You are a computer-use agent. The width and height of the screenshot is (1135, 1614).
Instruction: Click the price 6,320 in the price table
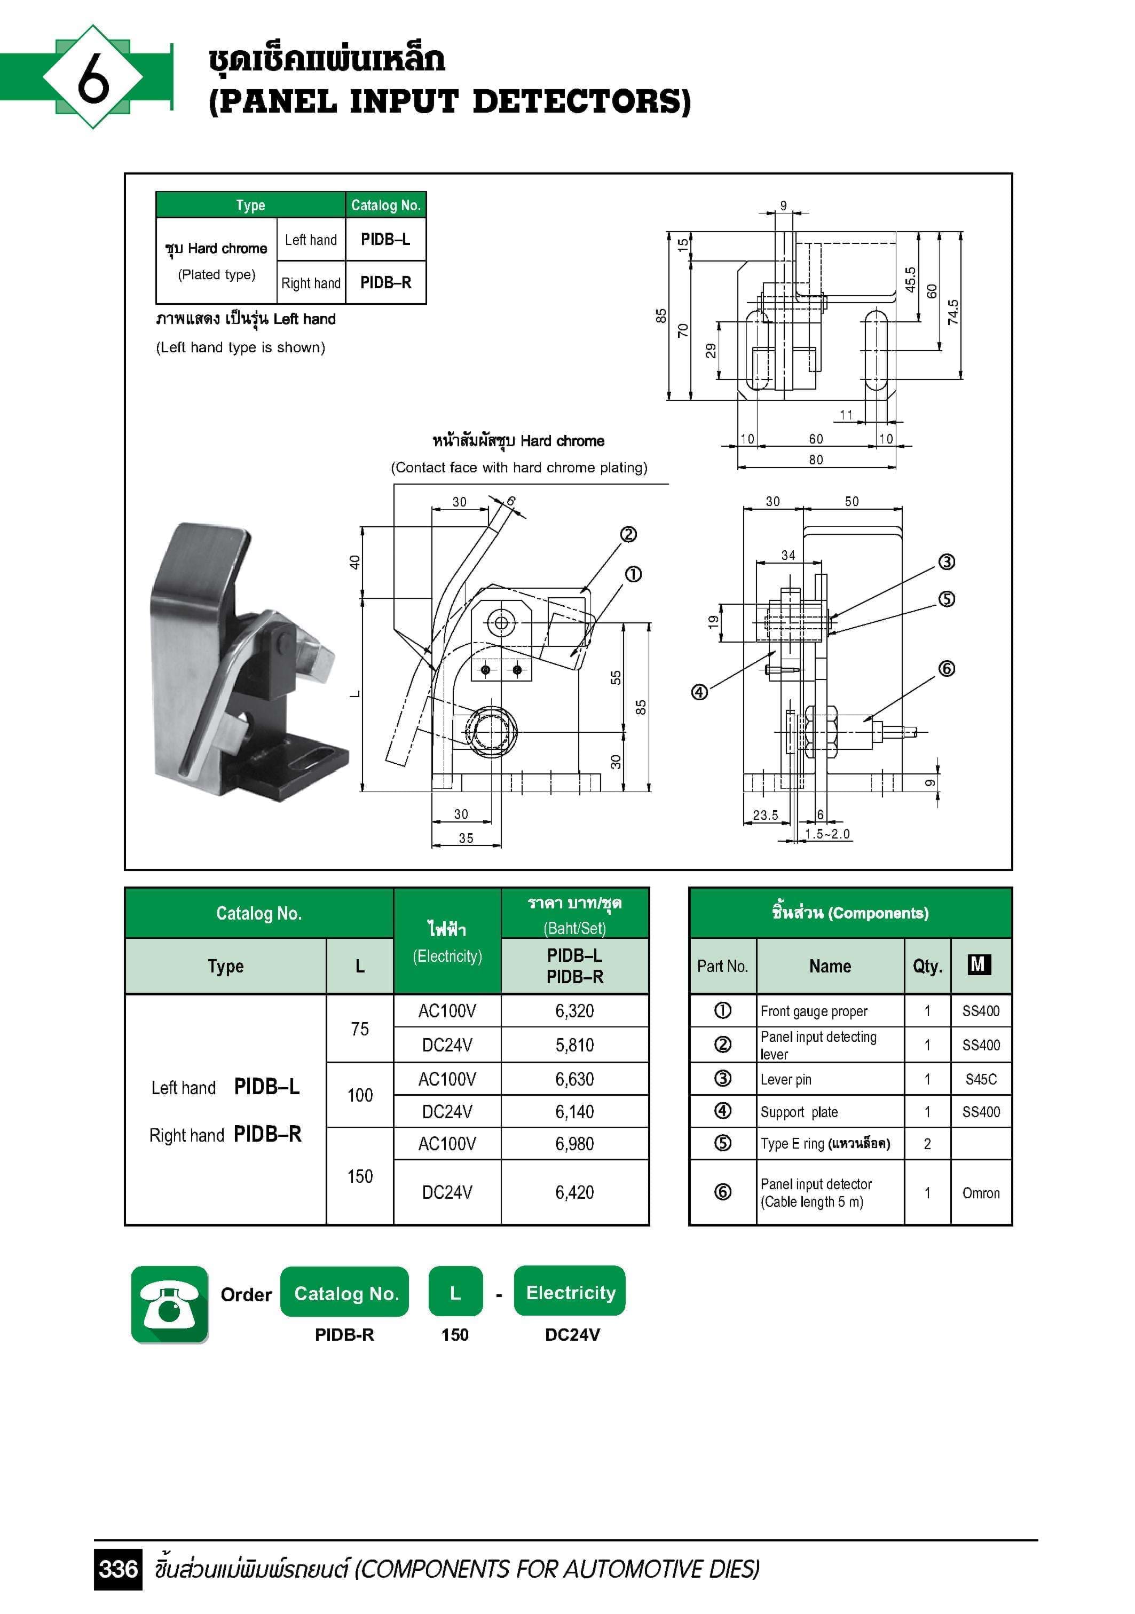point(574,1011)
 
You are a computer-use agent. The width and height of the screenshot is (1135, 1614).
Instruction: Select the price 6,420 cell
point(574,1192)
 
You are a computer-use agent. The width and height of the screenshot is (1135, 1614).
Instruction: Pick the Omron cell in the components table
point(980,1193)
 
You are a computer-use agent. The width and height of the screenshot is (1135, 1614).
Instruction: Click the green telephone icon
point(169,1304)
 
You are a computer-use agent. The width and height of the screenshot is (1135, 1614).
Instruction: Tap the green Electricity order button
point(570,1293)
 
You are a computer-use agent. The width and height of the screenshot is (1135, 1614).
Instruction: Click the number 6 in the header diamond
point(93,78)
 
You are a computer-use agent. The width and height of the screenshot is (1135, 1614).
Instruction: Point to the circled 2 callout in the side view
point(628,535)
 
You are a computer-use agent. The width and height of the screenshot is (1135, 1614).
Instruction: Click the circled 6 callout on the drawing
point(947,669)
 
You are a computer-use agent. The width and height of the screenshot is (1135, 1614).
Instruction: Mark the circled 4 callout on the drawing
point(699,692)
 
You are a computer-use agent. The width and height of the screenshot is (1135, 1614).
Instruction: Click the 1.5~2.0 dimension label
point(827,834)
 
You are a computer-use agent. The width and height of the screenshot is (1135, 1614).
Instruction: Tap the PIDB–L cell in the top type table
point(385,240)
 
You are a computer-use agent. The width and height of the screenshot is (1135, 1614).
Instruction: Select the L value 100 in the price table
point(359,1095)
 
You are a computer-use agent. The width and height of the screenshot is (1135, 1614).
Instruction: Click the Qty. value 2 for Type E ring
point(927,1144)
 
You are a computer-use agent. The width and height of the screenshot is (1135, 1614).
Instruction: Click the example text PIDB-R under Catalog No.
point(344,1335)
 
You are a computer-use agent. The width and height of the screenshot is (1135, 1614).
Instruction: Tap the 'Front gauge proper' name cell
point(814,1011)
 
